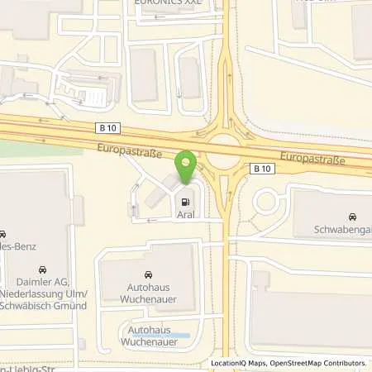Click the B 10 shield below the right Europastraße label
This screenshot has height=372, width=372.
[x=262, y=169]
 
